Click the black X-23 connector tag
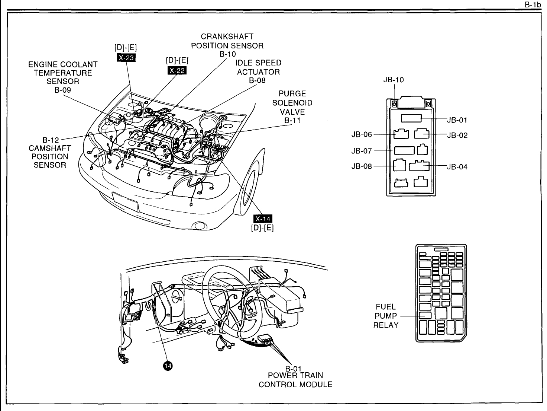pyautogui.click(x=126, y=57)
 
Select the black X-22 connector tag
pyautogui.click(x=177, y=70)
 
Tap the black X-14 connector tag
pyautogui.click(x=262, y=219)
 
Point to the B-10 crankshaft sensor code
pyautogui.click(x=227, y=54)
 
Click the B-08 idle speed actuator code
pyautogui.click(x=257, y=80)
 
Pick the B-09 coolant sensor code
pyautogui.click(x=62, y=90)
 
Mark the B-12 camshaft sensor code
pyautogui.click(x=51, y=140)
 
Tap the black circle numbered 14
pyautogui.click(x=168, y=366)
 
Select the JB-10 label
pyautogui.click(x=394, y=80)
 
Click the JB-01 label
pyautogui.click(x=457, y=120)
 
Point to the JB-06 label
pyautogui.click(x=362, y=135)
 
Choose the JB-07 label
pyautogui.click(x=362, y=151)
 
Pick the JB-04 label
pyautogui.click(x=457, y=167)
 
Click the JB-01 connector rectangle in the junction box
pyautogui.click(x=411, y=118)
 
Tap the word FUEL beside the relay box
pyautogui.click(x=386, y=307)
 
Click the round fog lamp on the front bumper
pyautogui.click(x=200, y=226)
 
